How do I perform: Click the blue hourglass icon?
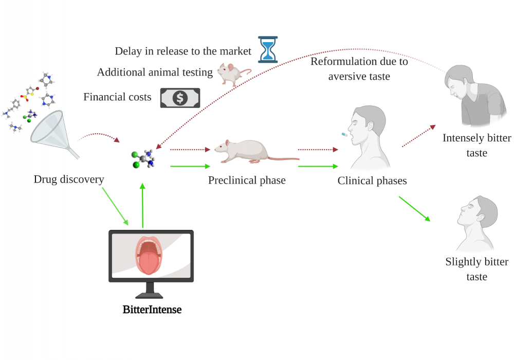click(x=267, y=49)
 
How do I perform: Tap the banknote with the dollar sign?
click(x=180, y=97)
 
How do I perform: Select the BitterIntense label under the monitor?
click(x=152, y=310)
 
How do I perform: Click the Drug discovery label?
click(x=69, y=179)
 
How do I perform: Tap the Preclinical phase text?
click(x=247, y=181)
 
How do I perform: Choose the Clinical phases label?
click(x=372, y=181)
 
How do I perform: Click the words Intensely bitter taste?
click(x=476, y=146)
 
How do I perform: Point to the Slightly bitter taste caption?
click(x=476, y=269)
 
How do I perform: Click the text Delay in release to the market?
click(x=183, y=51)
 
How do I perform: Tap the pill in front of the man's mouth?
click(x=344, y=134)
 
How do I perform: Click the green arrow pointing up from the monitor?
click(x=142, y=206)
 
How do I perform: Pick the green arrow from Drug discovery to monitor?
click(x=115, y=206)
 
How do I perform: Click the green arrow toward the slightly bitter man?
click(x=414, y=208)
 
